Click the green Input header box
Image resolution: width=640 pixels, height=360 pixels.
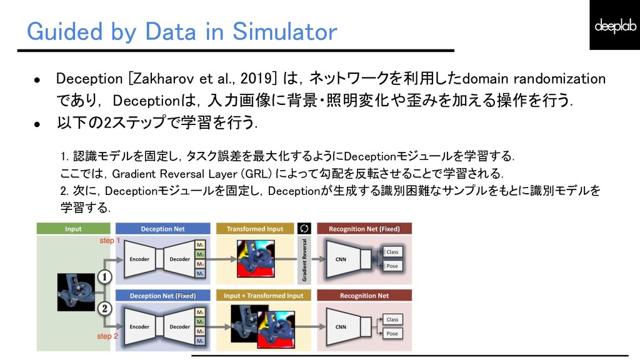[x=73, y=229]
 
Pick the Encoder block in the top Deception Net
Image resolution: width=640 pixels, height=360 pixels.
[x=139, y=259]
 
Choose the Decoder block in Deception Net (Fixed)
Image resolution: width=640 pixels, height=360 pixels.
[x=180, y=326]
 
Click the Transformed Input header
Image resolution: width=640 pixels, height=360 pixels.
[x=255, y=229]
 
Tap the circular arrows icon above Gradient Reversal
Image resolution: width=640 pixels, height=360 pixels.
[x=305, y=228]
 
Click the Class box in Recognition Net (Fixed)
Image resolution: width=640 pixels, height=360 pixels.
[x=392, y=252]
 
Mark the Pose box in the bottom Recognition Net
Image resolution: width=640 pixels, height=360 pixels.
[x=392, y=334]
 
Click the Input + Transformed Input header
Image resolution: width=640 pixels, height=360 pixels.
[x=263, y=296]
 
